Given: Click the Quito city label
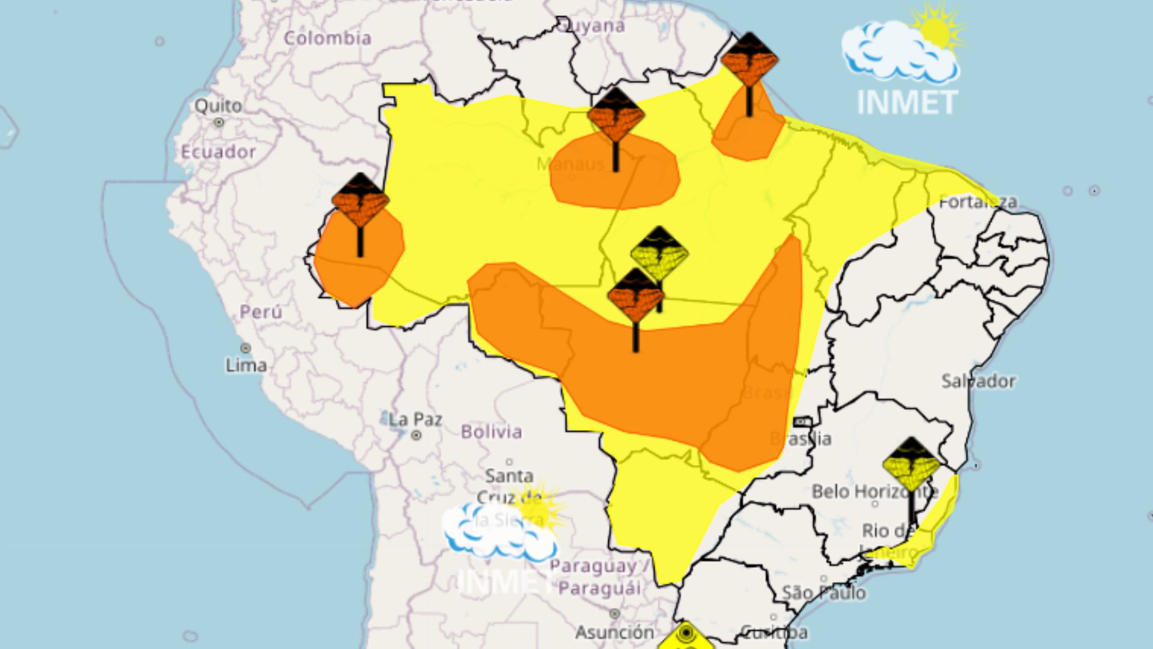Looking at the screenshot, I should click(x=218, y=106).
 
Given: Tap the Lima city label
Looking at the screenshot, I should click(x=246, y=365).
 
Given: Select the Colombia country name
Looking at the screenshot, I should click(x=327, y=38).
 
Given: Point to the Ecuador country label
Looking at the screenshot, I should click(x=219, y=151).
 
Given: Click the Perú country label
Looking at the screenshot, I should click(x=261, y=312).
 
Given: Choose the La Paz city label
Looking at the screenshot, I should click(x=415, y=419).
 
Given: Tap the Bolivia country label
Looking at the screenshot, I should click(x=491, y=431).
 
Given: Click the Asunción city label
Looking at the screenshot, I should click(x=614, y=632).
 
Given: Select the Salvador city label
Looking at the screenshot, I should click(x=978, y=381).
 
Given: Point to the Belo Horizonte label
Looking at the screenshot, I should click(x=874, y=492).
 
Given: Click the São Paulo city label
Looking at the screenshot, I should click(x=823, y=593).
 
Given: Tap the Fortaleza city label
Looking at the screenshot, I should click(x=978, y=202).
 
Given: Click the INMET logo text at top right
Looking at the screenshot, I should click(x=907, y=103).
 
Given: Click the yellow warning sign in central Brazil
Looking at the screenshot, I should click(x=659, y=252).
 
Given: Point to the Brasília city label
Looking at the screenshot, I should click(x=802, y=439).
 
